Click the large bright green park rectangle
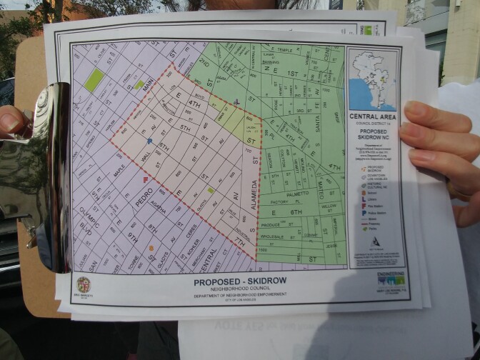[x=92, y=80]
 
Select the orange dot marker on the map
[x=151, y=248]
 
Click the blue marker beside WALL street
[x=149, y=141]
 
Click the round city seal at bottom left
[x=84, y=284]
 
